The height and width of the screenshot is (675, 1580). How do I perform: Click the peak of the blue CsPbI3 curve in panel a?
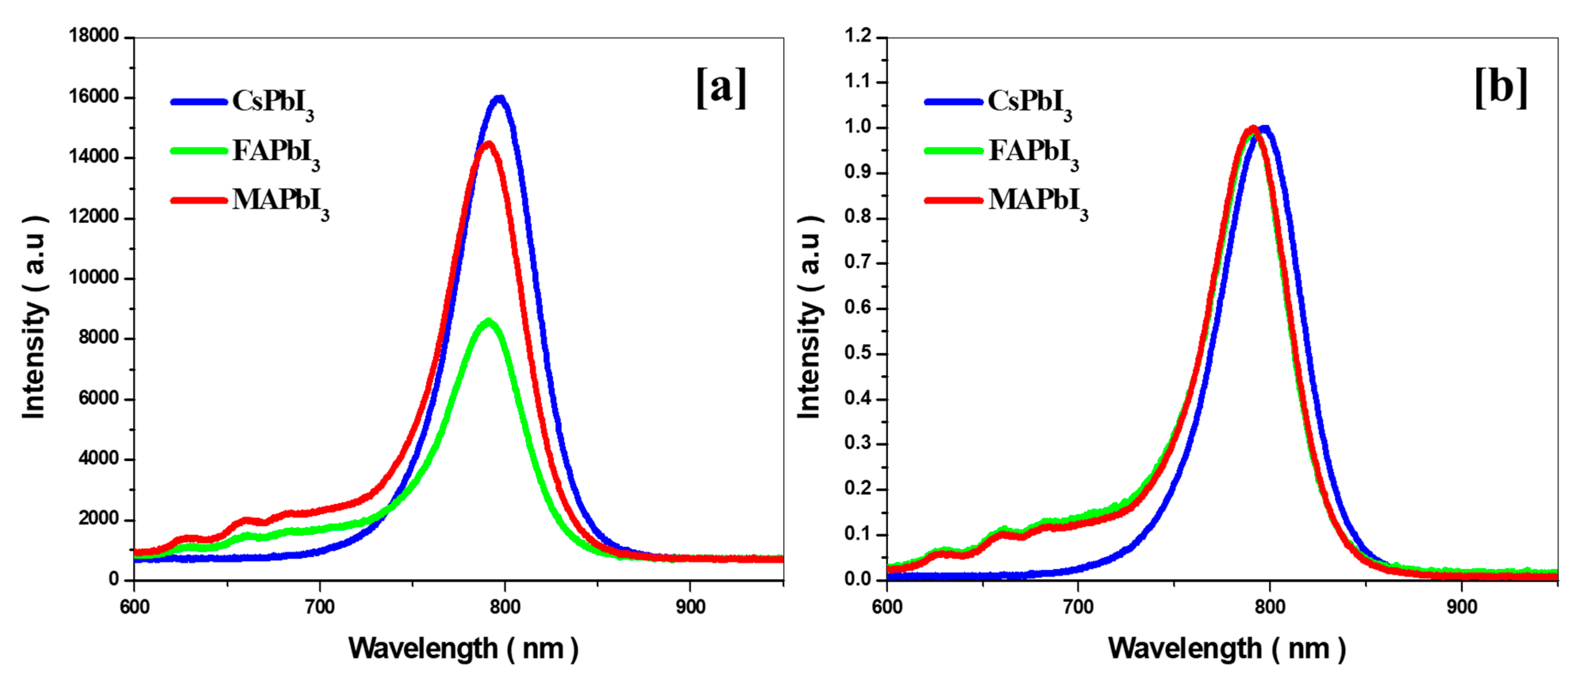click(500, 98)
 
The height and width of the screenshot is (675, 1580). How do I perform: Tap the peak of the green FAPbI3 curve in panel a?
click(488, 321)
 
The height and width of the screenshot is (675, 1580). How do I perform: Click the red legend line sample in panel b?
click(954, 200)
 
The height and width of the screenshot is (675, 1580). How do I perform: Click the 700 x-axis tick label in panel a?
click(319, 607)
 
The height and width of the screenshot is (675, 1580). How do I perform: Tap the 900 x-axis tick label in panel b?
click(1462, 607)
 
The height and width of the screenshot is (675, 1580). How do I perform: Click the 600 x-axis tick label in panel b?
click(887, 607)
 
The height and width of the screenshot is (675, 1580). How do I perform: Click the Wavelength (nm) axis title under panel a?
click(463, 649)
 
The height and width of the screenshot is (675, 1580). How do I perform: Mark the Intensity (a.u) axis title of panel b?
click(809, 317)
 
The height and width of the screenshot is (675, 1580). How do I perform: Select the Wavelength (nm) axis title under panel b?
click(1226, 649)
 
